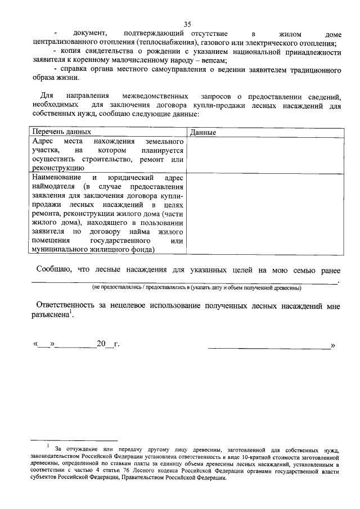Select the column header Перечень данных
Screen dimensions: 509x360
click(61, 132)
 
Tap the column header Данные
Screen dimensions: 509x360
click(203, 132)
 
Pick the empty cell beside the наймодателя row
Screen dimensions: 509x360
click(265, 213)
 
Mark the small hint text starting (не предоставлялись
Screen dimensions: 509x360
click(197, 288)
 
